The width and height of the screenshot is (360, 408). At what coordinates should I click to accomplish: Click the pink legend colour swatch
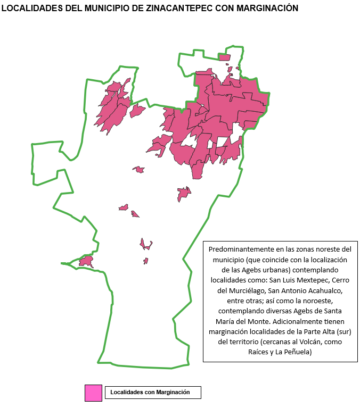tap(93, 393)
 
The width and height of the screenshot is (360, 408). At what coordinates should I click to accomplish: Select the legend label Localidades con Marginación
tap(150, 393)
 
